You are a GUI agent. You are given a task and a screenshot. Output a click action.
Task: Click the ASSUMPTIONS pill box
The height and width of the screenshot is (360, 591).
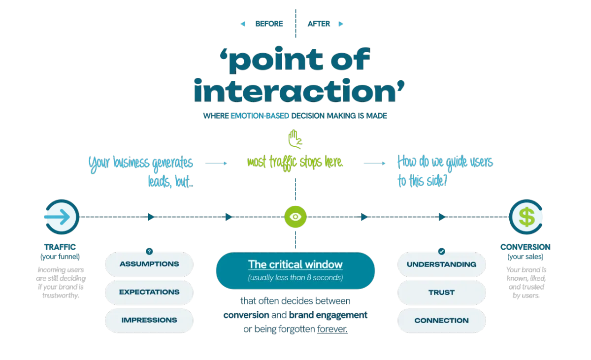click(149, 264)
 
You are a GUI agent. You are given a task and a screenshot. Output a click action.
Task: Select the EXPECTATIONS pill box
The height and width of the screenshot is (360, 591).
click(149, 292)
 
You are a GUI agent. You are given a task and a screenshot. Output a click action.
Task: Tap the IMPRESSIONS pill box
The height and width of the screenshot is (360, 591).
click(149, 320)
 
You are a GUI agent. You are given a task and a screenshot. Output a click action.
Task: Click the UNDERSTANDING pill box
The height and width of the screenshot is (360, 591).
click(441, 264)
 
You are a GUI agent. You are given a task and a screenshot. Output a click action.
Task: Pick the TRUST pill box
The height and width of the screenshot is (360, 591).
click(441, 293)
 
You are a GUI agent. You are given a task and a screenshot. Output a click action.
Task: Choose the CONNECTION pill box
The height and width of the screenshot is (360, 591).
click(441, 321)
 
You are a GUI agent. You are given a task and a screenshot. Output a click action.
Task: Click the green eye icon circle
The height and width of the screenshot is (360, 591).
click(295, 217)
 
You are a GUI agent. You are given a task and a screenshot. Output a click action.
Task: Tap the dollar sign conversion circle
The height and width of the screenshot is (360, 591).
click(526, 217)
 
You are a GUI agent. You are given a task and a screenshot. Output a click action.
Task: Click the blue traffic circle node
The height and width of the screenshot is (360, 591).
click(62, 217)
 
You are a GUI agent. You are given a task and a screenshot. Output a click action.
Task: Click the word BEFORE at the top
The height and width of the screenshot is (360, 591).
click(269, 24)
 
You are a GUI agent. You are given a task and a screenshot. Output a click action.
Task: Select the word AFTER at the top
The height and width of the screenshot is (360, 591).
click(319, 24)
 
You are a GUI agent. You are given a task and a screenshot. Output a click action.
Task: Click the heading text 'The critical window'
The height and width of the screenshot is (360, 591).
click(295, 264)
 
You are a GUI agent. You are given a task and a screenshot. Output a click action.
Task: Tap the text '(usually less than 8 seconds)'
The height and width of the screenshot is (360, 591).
click(295, 278)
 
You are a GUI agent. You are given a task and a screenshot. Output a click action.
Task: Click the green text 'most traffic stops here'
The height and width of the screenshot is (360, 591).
click(295, 162)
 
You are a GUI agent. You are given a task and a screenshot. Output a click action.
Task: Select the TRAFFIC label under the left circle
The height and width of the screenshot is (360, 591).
click(60, 247)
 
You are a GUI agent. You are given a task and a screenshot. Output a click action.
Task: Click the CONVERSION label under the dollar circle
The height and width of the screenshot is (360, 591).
click(525, 247)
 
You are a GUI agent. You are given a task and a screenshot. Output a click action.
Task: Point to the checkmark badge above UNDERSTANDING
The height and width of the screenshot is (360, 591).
click(442, 251)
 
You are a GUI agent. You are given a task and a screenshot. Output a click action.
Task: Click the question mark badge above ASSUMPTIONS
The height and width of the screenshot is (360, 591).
click(149, 251)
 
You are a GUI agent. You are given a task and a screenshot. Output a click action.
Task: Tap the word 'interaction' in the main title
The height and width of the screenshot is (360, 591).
click(299, 92)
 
